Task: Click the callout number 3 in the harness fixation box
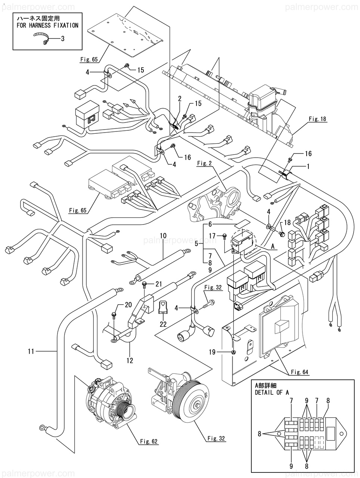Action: pyautogui.click(x=62, y=38)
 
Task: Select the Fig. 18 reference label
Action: pyautogui.click(x=317, y=119)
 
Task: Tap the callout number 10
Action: pyautogui.click(x=163, y=236)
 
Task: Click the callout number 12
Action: pyautogui.click(x=130, y=361)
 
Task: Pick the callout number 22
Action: pyautogui.click(x=163, y=324)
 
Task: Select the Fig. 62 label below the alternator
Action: pyautogui.click(x=149, y=442)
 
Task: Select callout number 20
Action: pyautogui.click(x=128, y=305)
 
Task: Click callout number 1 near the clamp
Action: pyautogui.click(x=308, y=167)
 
